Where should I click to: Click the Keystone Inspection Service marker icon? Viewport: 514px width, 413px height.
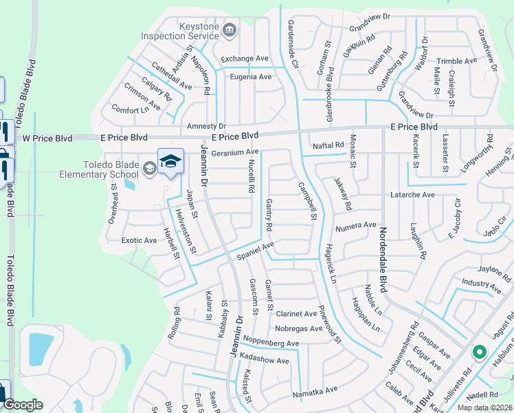point(230,30)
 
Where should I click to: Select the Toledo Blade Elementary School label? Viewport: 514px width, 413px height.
point(111,169)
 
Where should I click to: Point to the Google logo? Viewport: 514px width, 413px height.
point(22,405)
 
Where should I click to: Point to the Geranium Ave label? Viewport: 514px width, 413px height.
point(235,153)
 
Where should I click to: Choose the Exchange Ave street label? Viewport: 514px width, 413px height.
point(244,59)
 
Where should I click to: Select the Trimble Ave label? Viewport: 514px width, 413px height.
point(456,61)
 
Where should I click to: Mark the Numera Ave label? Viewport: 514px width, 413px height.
point(356,225)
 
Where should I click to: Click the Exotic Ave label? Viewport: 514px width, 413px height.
point(139,240)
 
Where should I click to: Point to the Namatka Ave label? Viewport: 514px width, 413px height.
point(315,390)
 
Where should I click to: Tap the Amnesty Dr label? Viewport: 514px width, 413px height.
point(206,127)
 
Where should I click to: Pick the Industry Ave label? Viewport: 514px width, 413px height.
point(482,282)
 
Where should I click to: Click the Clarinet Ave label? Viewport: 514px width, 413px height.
point(295,314)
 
